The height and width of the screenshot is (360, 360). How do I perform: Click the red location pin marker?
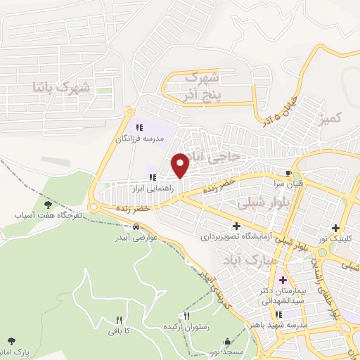(181, 165)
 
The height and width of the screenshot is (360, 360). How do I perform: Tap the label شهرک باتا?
(63, 87)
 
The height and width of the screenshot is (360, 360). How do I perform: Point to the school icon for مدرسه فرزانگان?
(139, 127)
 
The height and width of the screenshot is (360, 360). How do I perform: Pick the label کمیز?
(330, 120)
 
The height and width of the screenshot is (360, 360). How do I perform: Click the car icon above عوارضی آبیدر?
(134, 226)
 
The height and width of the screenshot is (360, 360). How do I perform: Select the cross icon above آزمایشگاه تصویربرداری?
(236, 226)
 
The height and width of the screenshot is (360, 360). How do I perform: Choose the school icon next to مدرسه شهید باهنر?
(278, 314)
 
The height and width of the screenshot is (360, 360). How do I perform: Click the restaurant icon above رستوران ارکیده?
(186, 317)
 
